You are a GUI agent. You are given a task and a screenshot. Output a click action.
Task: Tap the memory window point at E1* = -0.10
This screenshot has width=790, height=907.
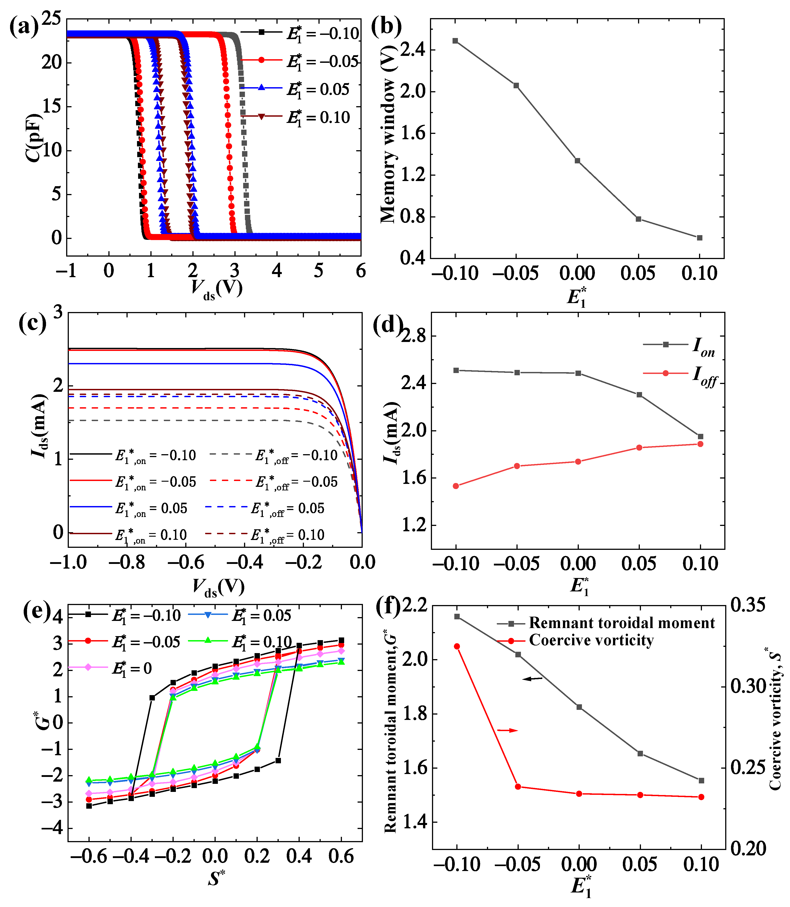pyautogui.click(x=455, y=40)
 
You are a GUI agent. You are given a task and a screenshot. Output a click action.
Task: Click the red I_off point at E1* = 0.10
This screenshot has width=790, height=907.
pyautogui.click(x=700, y=444)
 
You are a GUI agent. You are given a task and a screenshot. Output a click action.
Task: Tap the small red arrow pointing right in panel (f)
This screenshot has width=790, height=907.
pyautogui.click(x=508, y=731)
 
